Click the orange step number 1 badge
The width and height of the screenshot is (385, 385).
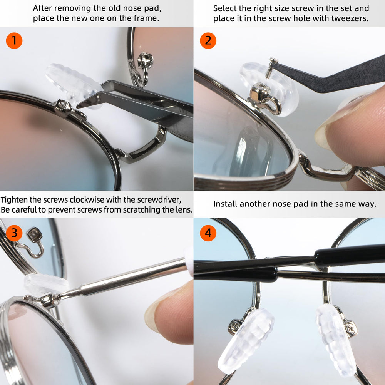(14, 40)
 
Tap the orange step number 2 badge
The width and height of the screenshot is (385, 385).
(208, 40)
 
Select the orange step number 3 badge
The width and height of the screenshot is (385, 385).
(14, 233)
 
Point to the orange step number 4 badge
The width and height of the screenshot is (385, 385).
(208, 233)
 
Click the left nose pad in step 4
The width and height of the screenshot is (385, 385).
(246, 341)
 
